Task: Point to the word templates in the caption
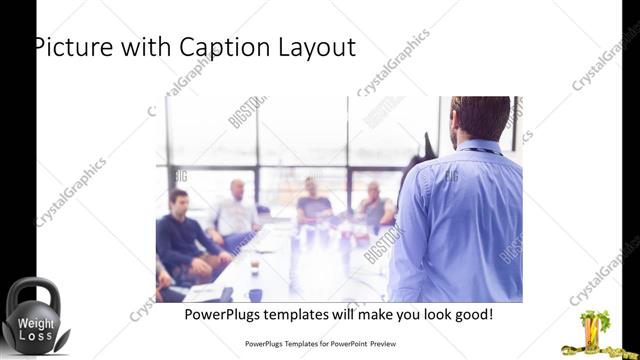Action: (305, 315)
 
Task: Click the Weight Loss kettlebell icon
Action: (33, 317)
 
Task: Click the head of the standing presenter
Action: (479, 117)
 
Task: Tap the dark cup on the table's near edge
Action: (256, 294)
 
